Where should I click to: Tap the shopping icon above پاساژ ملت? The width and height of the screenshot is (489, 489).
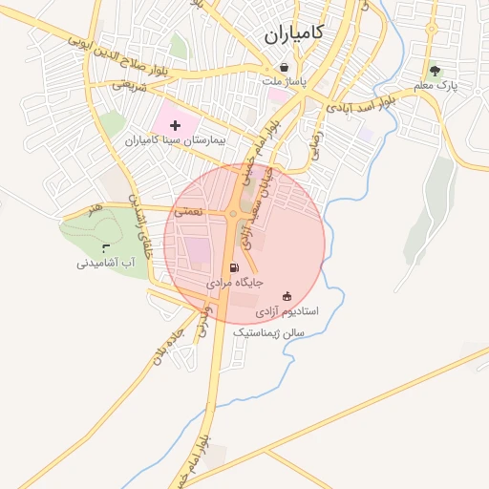285,67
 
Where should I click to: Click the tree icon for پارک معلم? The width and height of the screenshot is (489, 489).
436,70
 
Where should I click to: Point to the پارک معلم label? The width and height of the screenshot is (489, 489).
436,86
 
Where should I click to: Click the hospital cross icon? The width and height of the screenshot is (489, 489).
175,125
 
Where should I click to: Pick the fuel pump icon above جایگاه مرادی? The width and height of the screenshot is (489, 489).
234,268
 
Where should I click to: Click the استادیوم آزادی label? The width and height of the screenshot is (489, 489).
287,312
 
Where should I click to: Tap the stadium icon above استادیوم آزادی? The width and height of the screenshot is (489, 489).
287,295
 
